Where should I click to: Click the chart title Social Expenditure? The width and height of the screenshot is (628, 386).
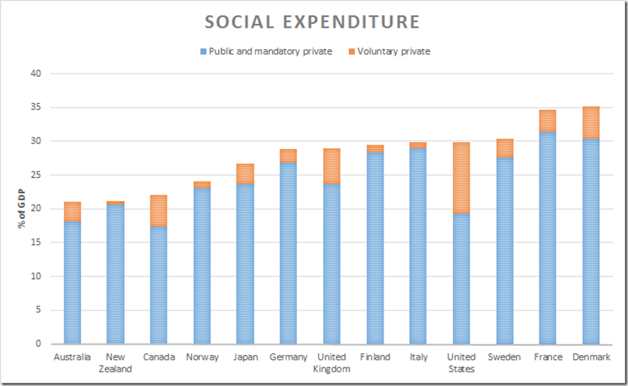click(x=312, y=22)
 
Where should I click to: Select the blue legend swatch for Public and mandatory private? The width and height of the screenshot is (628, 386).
click(x=203, y=51)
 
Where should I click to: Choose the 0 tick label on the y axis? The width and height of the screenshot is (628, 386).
click(x=39, y=344)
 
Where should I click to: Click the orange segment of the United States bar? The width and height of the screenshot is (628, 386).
click(x=461, y=178)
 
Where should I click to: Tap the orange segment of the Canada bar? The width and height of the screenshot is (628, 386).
click(x=159, y=211)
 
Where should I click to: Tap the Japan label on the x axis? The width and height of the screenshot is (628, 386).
click(x=245, y=358)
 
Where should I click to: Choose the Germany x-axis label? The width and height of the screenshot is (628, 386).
click(x=288, y=358)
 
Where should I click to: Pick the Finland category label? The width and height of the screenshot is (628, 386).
click(x=375, y=358)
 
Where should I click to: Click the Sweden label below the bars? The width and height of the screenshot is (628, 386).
click(x=504, y=358)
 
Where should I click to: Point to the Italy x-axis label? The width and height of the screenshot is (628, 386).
click(x=418, y=358)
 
